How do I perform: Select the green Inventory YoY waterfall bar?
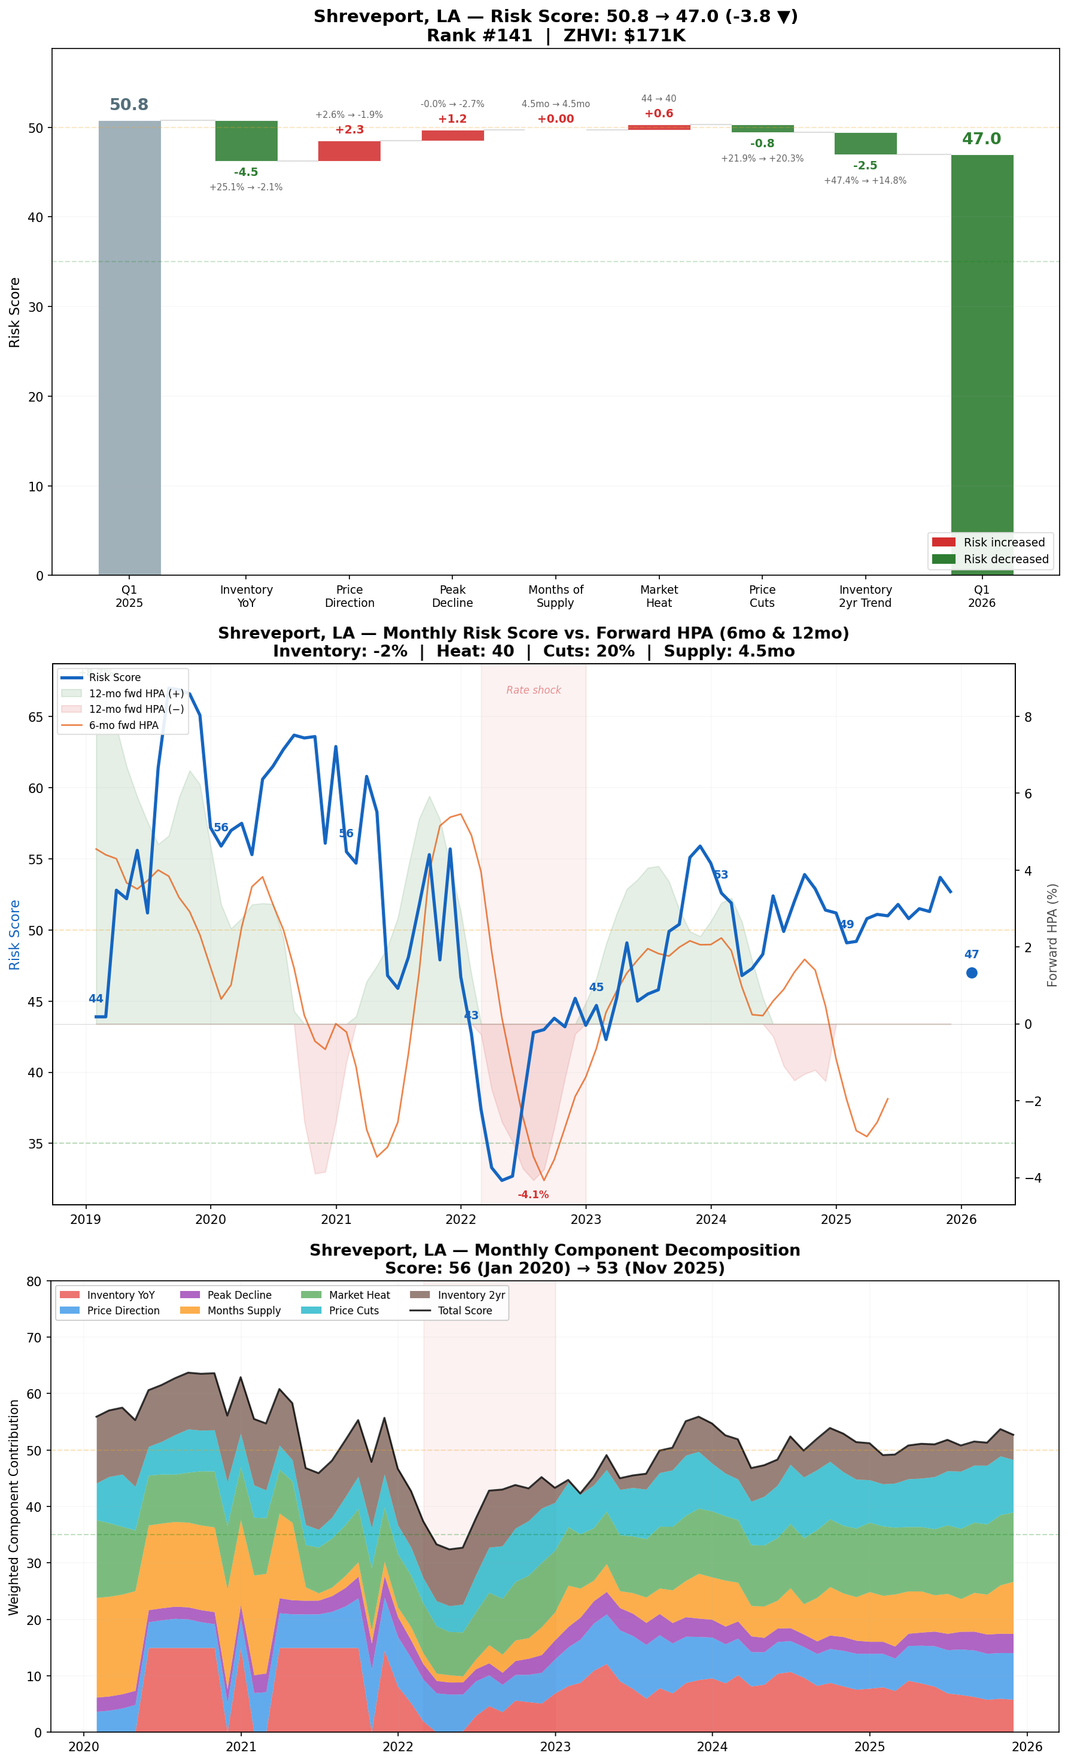click(x=246, y=141)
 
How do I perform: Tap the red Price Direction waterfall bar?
click(x=349, y=151)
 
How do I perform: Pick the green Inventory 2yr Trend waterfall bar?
click(x=865, y=144)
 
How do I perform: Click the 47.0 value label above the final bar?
click(x=981, y=139)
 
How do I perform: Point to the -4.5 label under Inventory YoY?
click(x=246, y=172)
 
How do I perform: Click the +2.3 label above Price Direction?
click(x=349, y=129)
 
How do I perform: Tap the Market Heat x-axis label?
click(x=658, y=596)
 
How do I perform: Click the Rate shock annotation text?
click(x=533, y=690)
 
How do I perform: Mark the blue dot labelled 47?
click(x=972, y=973)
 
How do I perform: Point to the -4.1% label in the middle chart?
click(x=533, y=1195)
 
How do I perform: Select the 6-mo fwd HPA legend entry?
click(x=123, y=725)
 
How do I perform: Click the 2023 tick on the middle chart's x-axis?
click(x=586, y=1219)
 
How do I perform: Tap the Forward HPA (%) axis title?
click(x=1052, y=935)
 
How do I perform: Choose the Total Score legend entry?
click(x=465, y=1311)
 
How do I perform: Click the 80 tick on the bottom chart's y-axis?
click(x=34, y=1281)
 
